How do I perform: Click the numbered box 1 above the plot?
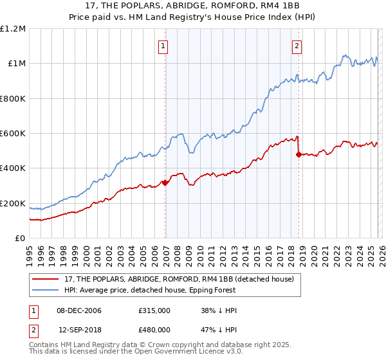[163, 46]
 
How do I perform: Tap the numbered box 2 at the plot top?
[297, 46]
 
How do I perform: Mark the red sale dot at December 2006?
[165, 183]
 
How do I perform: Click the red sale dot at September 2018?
[299, 154]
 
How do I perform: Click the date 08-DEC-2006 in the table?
[79, 310]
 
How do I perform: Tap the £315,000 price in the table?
[154, 310]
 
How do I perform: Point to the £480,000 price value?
[154, 330]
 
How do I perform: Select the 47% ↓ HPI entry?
[219, 330]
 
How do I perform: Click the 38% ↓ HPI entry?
[219, 310]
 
